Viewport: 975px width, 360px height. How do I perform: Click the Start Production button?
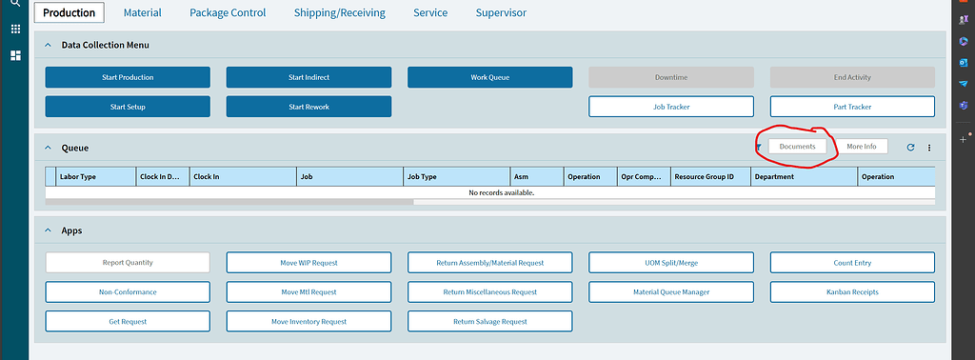(x=128, y=77)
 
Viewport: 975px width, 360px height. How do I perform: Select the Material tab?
(x=142, y=13)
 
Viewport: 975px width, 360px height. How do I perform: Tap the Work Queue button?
(x=489, y=77)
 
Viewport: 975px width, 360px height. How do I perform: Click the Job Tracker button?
(x=671, y=107)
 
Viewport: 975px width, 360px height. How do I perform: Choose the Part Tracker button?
(x=852, y=107)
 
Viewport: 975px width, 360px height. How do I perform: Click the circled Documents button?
(x=797, y=147)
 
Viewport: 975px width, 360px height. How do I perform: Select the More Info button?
(x=861, y=147)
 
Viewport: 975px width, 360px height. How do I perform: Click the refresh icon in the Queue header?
(x=910, y=148)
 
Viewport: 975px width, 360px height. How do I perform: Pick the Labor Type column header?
(x=78, y=176)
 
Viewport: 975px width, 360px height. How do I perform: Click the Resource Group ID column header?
(x=704, y=176)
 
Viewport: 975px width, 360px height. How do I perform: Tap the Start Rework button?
(x=308, y=107)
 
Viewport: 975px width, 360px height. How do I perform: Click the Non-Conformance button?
(x=128, y=292)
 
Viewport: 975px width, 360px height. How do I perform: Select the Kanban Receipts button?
(x=852, y=292)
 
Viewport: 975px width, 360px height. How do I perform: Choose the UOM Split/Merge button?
(x=671, y=263)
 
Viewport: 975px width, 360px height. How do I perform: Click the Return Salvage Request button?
(x=489, y=322)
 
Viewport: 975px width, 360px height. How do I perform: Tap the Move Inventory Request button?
(x=308, y=322)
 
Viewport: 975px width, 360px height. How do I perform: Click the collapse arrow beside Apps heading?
(x=48, y=230)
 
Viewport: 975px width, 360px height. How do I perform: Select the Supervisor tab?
(x=501, y=13)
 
